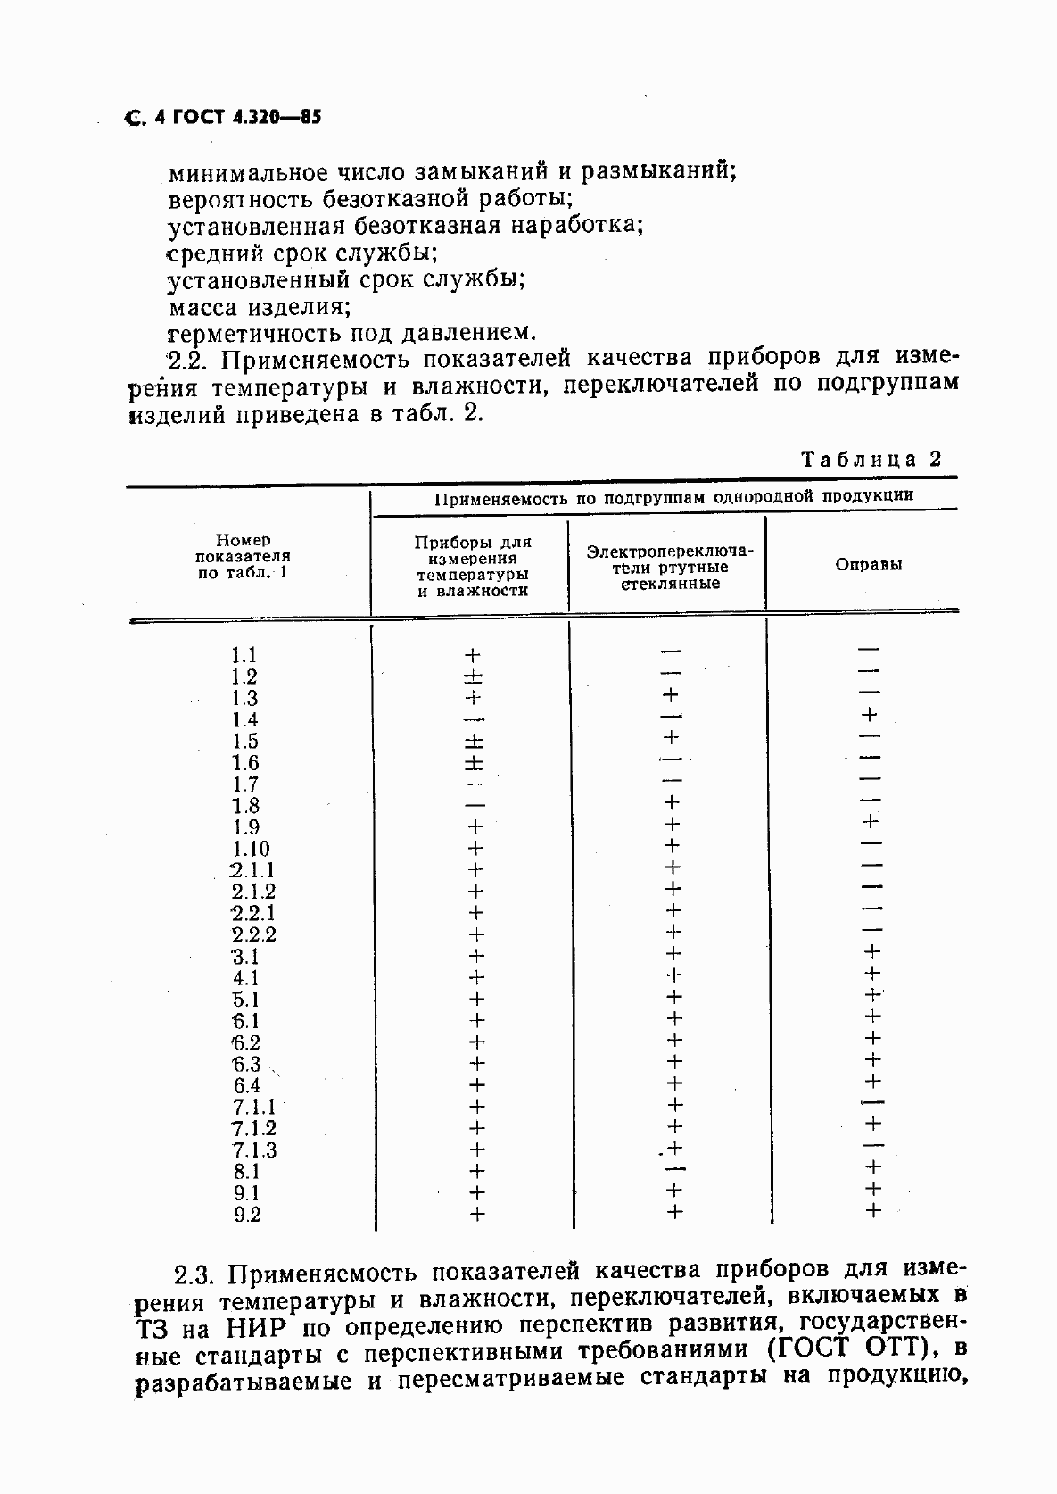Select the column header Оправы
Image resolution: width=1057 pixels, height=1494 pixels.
point(868,564)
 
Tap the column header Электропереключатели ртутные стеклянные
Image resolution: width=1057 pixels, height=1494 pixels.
point(669,567)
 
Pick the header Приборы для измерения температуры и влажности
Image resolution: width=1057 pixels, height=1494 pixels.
point(473,566)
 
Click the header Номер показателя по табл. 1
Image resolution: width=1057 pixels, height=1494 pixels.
point(244,556)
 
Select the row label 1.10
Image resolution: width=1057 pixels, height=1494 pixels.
point(250,849)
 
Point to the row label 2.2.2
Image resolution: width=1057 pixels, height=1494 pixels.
point(253,934)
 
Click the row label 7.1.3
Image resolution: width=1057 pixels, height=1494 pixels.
point(254,1150)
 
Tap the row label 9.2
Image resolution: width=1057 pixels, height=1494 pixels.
point(247,1214)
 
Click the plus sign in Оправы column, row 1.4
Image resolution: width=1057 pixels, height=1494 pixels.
point(870,715)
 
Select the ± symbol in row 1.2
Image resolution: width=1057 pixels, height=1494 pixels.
point(474,676)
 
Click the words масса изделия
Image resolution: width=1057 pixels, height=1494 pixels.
point(259,307)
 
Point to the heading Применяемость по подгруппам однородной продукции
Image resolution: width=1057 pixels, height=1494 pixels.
point(673,497)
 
